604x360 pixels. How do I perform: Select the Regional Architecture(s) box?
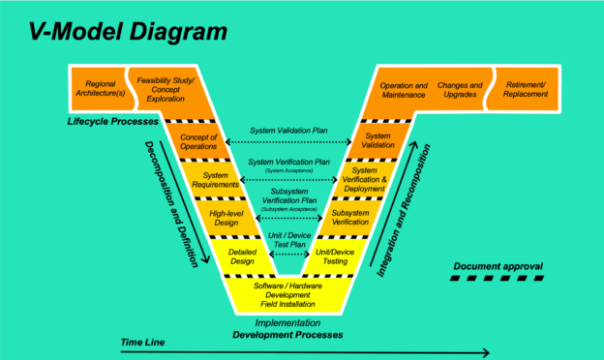point(101,90)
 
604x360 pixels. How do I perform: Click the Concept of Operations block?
point(198,141)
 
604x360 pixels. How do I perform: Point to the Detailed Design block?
point(241,255)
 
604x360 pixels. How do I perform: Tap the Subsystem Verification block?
point(350,217)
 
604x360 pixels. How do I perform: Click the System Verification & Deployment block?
point(364,179)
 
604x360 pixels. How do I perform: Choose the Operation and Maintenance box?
point(404,90)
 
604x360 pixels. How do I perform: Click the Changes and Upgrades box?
point(461,90)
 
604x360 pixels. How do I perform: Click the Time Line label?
point(144,343)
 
